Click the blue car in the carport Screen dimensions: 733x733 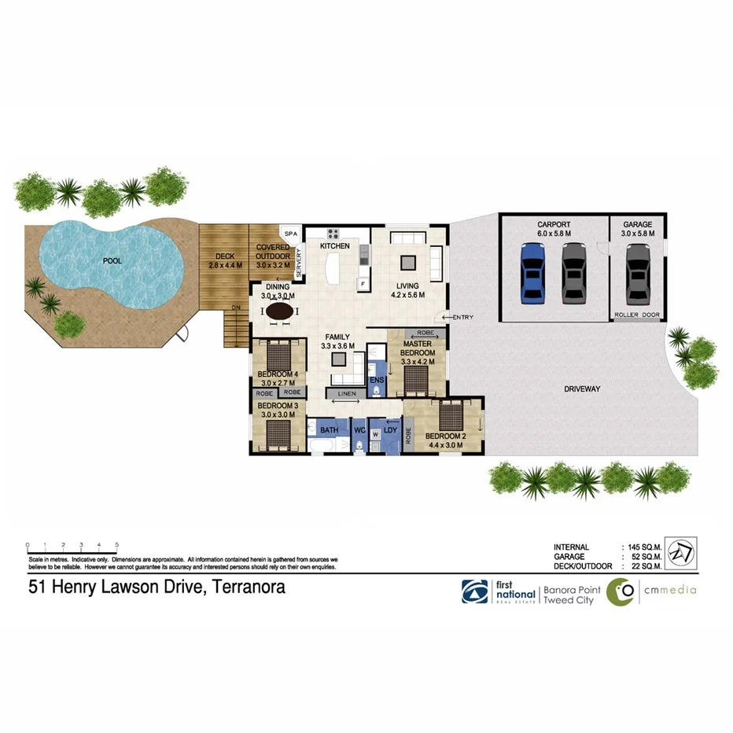click(533, 272)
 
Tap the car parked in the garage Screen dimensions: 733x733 click(638, 272)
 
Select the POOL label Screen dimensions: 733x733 click(112, 260)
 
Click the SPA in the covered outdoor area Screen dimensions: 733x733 click(290, 234)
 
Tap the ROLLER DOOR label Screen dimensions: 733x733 click(636, 315)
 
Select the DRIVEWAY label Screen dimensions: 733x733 click(582, 389)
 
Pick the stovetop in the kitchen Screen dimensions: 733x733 click(333, 234)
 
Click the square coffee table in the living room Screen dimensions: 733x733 click(408, 262)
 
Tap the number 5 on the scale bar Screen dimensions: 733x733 click(117, 544)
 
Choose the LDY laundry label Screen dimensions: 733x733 click(390, 431)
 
